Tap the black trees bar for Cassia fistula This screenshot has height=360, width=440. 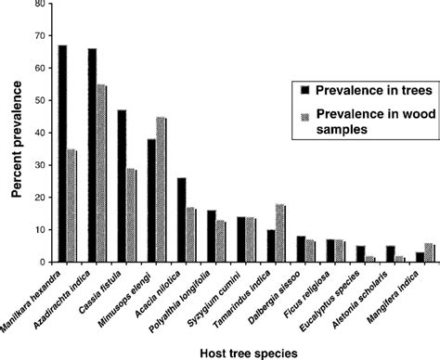click(122, 186)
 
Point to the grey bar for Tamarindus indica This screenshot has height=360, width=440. click(280, 233)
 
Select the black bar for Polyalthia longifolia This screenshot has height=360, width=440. click(211, 236)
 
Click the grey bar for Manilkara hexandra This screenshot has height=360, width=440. click(72, 205)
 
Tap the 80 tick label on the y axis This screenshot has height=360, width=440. click(37, 4)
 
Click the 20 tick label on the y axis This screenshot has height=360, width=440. click(37, 198)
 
